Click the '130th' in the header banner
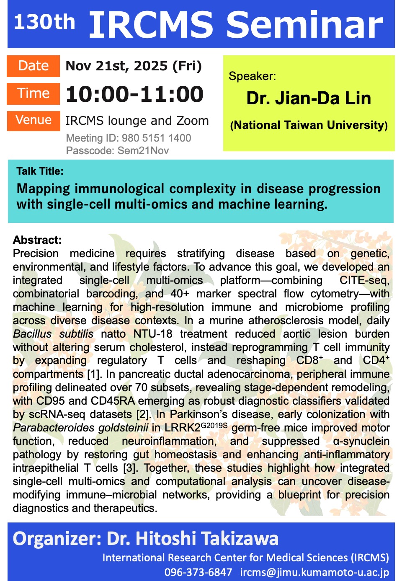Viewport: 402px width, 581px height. pyautogui.click(x=44, y=22)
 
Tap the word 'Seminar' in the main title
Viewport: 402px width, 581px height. pyautogui.click(x=305, y=25)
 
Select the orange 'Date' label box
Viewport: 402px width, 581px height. pyautogui.click(x=33, y=66)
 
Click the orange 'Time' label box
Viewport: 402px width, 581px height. pyautogui.click(x=33, y=94)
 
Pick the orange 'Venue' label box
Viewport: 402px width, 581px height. pyautogui.click(x=33, y=121)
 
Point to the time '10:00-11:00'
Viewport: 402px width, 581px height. pyautogui.click(x=134, y=94)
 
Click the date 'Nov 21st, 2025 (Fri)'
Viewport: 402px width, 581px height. pyautogui.click(x=134, y=66)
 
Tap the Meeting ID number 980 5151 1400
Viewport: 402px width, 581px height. pyautogui.click(x=156, y=138)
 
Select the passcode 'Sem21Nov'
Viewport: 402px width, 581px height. pyautogui.click(x=143, y=150)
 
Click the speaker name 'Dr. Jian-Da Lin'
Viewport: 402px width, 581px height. pyautogui.click(x=309, y=98)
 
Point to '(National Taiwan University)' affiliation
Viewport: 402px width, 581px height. pyautogui.click(x=309, y=125)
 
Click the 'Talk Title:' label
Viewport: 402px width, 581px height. pyautogui.click(x=40, y=171)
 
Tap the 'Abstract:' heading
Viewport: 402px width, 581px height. pyautogui.click(x=37, y=240)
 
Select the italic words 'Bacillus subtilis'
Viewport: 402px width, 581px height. pyautogui.click(x=53, y=334)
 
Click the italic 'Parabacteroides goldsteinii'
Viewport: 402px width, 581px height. pyautogui.click(x=81, y=428)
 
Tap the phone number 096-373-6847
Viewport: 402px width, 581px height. pyautogui.click(x=198, y=573)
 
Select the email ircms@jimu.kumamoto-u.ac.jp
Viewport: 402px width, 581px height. pyautogui.click(x=314, y=573)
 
